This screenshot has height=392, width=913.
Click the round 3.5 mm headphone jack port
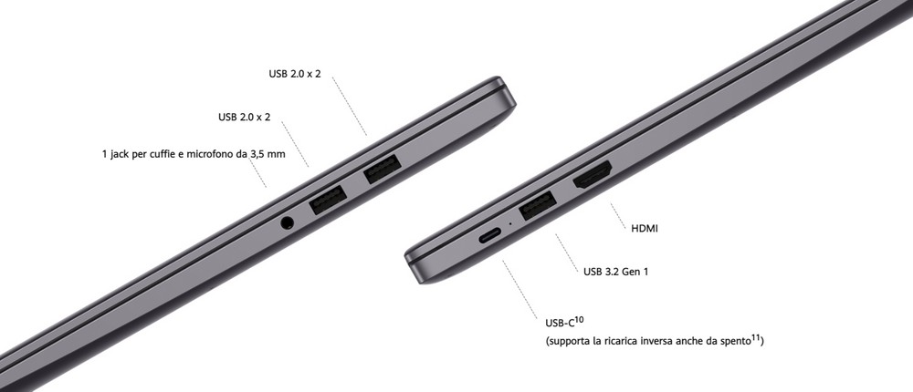coord(287,222)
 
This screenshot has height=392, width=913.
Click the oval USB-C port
coord(489,236)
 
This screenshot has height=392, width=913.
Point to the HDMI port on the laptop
coord(593,175)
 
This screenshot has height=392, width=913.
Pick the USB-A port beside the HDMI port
coord(537,205)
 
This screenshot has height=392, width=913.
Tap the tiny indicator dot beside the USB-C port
coord(510,223)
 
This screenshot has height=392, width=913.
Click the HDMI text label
coord(645,229)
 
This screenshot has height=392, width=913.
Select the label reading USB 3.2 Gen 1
coord(615,271)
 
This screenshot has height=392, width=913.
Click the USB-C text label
coord(560,324)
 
